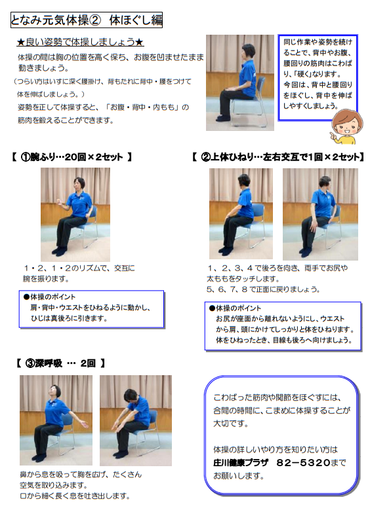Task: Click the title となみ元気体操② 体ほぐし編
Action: pos(87,20)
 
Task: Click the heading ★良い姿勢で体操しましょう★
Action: pos(80,42)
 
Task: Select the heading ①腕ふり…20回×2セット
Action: pos(72,157)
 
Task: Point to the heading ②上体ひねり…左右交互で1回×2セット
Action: pos(278,157)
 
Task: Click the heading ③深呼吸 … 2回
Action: pos(61,363)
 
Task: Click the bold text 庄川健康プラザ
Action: pos(241,463)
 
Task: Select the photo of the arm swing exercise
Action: pos(75,214)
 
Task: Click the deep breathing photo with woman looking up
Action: pos(56,420)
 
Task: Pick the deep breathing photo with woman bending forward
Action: pos(136,420)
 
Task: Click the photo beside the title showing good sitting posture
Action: pos(240,83)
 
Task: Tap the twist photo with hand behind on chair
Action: pos(320,214)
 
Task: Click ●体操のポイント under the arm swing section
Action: pos(49,297)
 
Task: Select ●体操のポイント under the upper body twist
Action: pos(236,308)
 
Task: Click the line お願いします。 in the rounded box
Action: pos(239,476)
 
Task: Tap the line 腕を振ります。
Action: pos(46,279)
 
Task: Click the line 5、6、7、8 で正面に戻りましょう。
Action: pos(263,289)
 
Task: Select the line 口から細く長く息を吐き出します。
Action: pos(75,496)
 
